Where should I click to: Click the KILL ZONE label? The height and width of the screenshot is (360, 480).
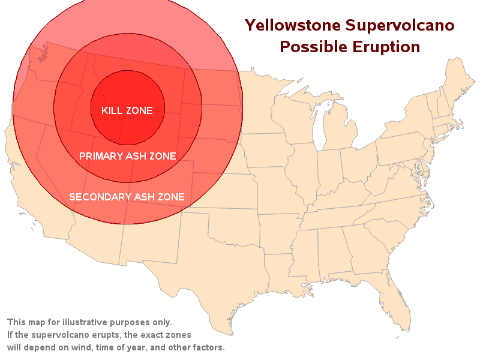click(127, 110)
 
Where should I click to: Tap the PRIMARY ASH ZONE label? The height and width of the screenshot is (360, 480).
click(128, 156)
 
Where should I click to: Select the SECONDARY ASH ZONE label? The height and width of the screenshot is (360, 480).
click(127, 197)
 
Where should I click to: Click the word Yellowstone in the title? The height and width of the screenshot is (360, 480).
click(293, 25)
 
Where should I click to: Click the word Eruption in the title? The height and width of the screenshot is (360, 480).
click(386, 47)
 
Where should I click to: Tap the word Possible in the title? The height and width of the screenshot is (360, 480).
click(313, 47)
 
